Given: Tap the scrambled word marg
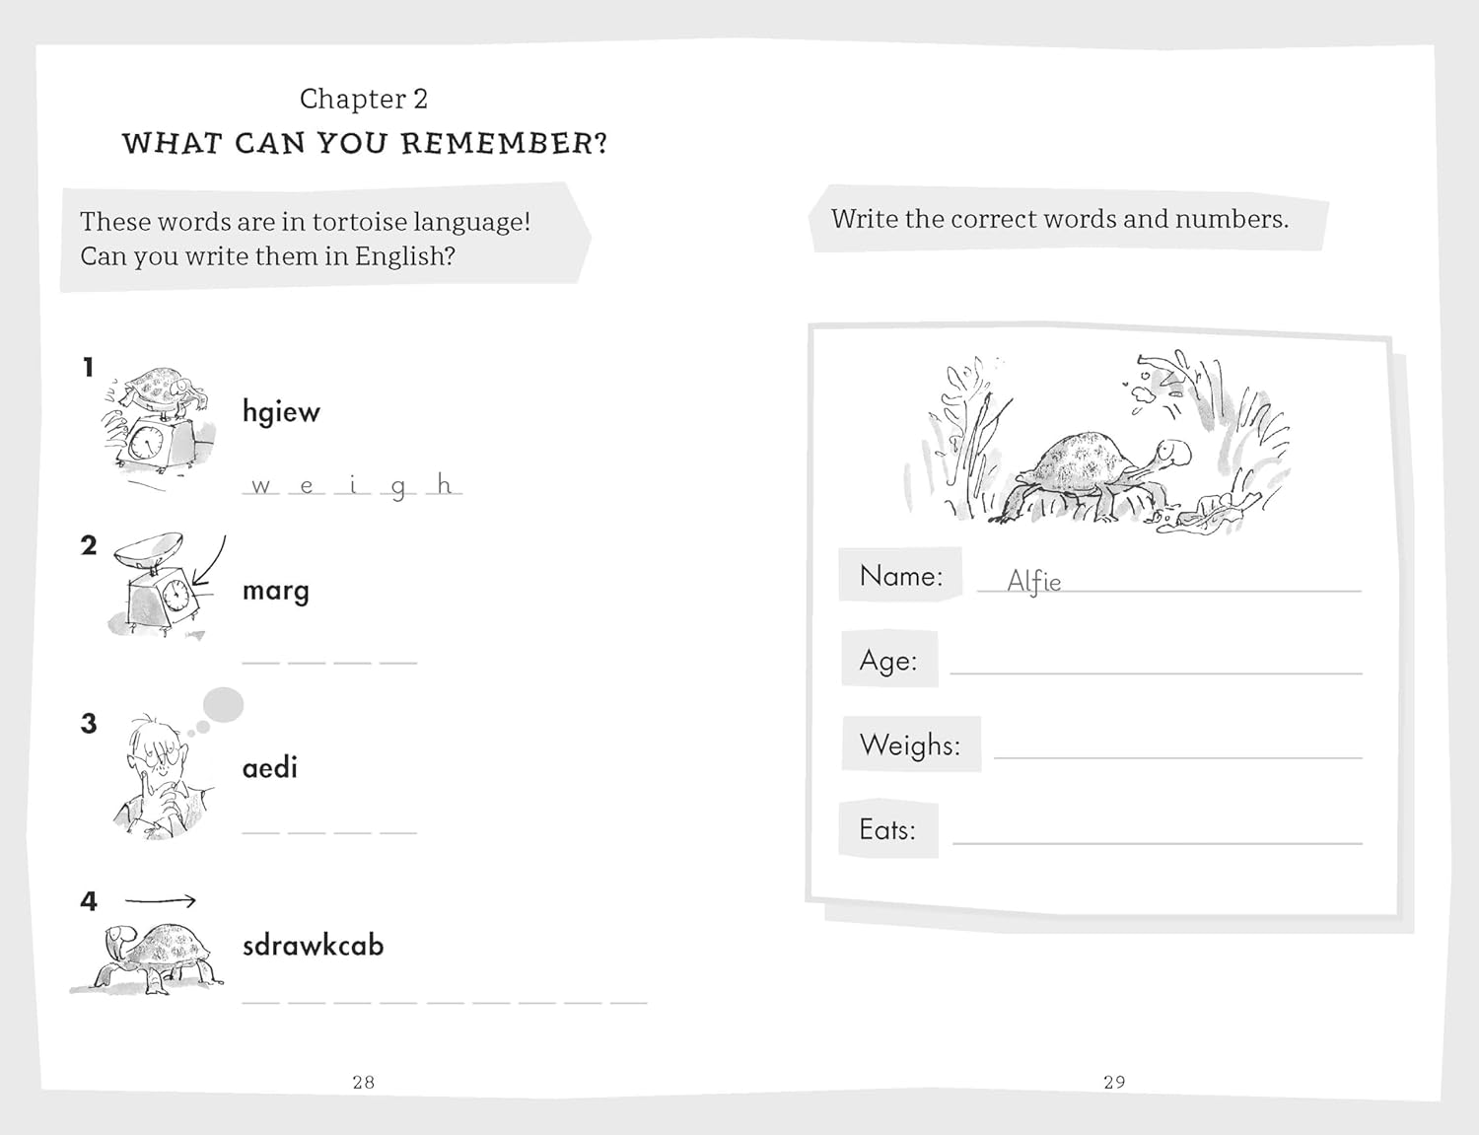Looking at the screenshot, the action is (276, 591).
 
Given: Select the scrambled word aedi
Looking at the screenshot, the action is (270, 767).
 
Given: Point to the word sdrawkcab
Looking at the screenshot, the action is (314, 945).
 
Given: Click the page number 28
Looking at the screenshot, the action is (364, 1082).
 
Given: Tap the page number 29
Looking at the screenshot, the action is (1114, 1082).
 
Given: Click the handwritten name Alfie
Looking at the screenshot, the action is (1033, 581).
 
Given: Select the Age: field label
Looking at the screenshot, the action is (888, 660).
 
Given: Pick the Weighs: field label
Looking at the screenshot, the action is (910, 745).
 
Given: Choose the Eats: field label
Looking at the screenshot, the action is (887, 829).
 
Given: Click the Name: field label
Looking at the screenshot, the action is (901, 576).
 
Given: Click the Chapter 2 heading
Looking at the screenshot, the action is (364, 99).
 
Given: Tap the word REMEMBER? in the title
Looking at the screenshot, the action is (504, 144).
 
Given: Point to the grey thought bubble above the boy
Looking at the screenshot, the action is (223, 704).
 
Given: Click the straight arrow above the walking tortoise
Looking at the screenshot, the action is (161, 901).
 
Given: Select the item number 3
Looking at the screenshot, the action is (89, 724).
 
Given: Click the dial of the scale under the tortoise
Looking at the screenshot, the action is (146, 443).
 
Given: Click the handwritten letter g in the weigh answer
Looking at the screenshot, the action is (398, 488).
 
